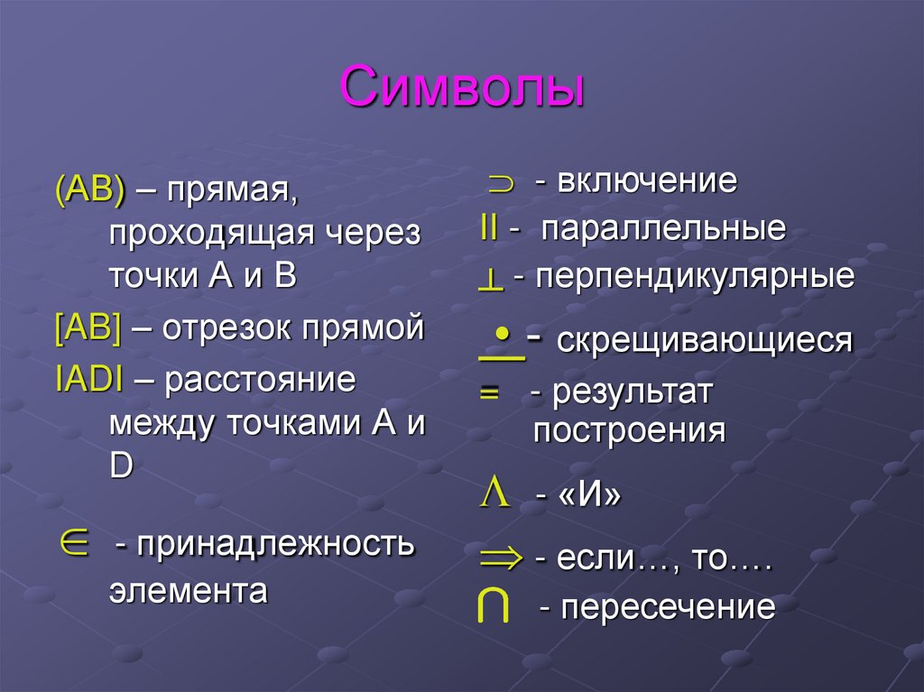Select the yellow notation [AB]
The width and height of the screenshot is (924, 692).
tap(88, 328)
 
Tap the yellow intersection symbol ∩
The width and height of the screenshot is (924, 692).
tap(492, 608)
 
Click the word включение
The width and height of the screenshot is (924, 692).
tap(646, 181)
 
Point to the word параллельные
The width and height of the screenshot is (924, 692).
tap(663, 229)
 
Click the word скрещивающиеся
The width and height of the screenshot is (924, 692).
tap(704, 341)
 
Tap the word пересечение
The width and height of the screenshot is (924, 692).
tap(668, 607)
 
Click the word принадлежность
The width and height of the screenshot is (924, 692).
tap(275, 544)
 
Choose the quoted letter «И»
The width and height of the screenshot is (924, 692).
tap(591, 496)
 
